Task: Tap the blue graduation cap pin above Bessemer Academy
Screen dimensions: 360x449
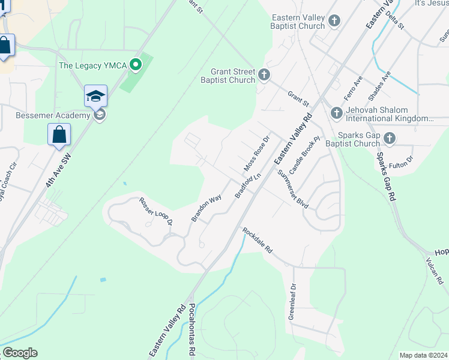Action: point(95,96)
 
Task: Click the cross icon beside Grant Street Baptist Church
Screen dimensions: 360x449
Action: point(264,76)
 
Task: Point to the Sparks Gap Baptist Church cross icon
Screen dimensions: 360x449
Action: point(390,139)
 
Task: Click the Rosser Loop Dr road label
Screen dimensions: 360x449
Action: point(156,211)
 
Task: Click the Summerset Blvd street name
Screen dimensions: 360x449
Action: point(294,189)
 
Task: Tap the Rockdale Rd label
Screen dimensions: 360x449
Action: point(258,239)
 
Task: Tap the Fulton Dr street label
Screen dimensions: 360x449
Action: point(401,161)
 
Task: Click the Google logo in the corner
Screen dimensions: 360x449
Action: point(19,353)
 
